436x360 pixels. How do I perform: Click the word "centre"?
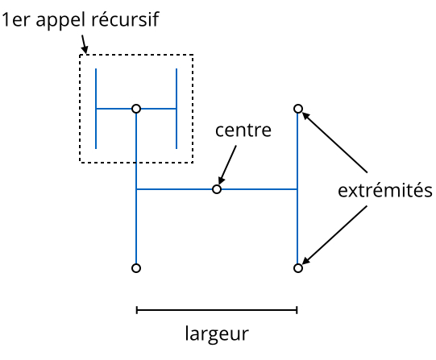click(x=243, y=130)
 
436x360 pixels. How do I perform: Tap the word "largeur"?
click(x=217, y=334)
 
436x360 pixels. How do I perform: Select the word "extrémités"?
click(x=385, y=191)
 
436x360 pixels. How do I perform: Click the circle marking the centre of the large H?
click(x=217, y=189)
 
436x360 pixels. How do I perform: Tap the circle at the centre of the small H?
click(x=136, y=109)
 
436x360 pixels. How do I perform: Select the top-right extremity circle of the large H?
click(x=298, y=109)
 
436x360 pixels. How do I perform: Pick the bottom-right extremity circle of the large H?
click(x=298, y=268)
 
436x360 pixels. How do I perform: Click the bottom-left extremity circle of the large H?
click(x=136, y=268)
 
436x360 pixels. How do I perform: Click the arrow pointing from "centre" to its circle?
click(x=227, y=165)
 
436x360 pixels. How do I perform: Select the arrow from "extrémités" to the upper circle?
click(x=334, y=142)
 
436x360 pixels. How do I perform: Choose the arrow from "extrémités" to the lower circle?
click(x=334, y=235)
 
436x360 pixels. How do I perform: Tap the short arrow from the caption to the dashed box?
click(x=85, y=44)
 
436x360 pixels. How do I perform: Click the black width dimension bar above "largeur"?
click(x=217, y=310)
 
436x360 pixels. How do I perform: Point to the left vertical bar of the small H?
click(x=96, y=109)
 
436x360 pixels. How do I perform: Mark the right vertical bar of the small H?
click(x=176, y=109)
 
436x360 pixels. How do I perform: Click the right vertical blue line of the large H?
click(x=298, y=188)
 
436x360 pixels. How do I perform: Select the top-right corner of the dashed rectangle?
click(x=193, y=55)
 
